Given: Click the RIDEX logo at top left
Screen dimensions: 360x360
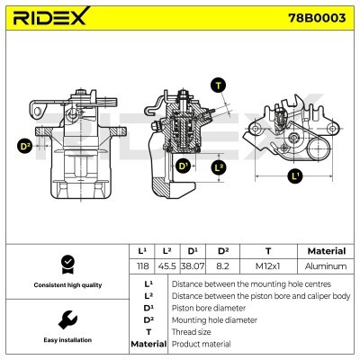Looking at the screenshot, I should tap(55, 17).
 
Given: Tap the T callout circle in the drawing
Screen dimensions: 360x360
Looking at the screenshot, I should tap(217, 85).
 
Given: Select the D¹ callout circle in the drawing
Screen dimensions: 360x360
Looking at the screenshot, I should tap(184, 166).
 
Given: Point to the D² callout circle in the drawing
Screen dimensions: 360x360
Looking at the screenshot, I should tap(24, 145).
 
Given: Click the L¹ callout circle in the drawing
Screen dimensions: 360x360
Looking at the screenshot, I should tap(296, 174).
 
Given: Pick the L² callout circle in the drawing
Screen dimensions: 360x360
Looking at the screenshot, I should tap(219, 166).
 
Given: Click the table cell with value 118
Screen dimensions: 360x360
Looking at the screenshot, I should tap(141, 266).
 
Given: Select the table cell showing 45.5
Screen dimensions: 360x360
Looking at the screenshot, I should tap(167, 266).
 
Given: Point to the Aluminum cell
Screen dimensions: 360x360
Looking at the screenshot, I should tap(326, 266).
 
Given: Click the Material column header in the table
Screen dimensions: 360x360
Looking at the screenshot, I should tap(326, 251).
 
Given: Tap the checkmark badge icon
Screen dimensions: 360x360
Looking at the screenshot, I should tap(65, 263).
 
